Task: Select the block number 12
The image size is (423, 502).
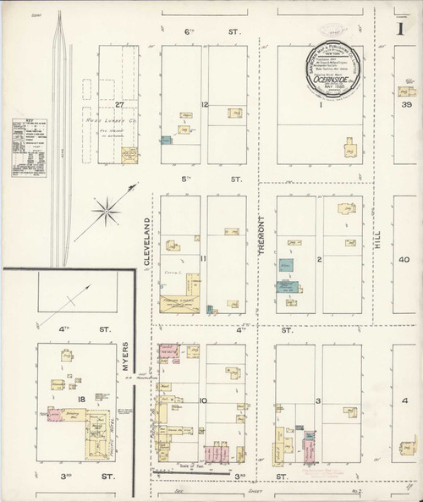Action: point(204,104)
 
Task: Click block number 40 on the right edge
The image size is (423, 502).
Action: point(404,260)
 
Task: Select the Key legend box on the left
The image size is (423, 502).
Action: point(25,147)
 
